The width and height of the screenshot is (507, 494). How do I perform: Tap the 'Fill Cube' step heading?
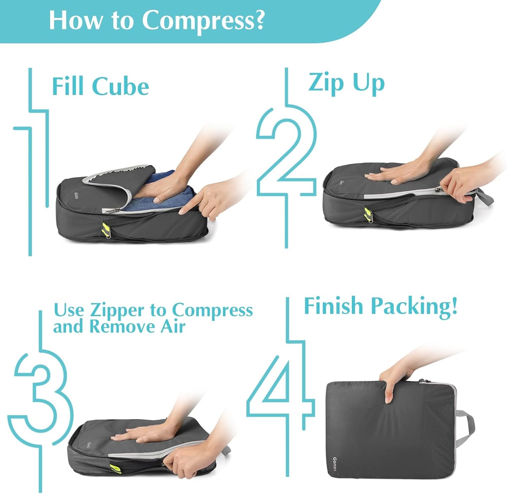[x=100, y=86]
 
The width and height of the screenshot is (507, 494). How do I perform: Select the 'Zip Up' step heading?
[x=346, y=83]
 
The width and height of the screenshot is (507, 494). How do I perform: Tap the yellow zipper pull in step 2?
[x=367, y=213]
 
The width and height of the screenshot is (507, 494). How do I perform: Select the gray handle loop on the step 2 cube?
[x=486, y=197]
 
